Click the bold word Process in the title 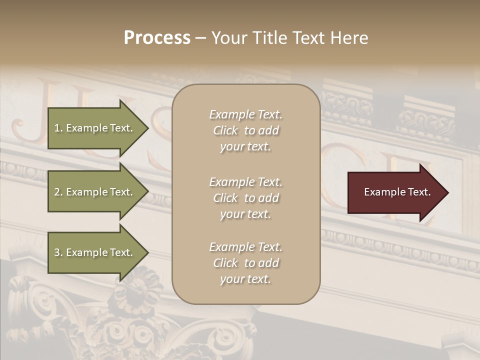click(157, 38)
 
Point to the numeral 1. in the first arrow click(58, 128)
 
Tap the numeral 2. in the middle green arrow click(58, 192)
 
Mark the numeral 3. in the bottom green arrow click(58, 252)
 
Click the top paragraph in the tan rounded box click(246, 130)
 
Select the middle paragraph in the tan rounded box click(246, 198)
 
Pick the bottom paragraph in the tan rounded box click(246, 263)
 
